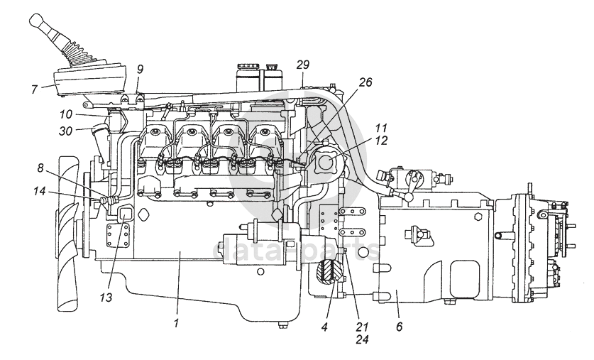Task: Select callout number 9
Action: tap(140, 69)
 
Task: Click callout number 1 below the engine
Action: tap(177, 322)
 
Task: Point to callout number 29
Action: tap(303, 65)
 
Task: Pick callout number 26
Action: tap(365, 82)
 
